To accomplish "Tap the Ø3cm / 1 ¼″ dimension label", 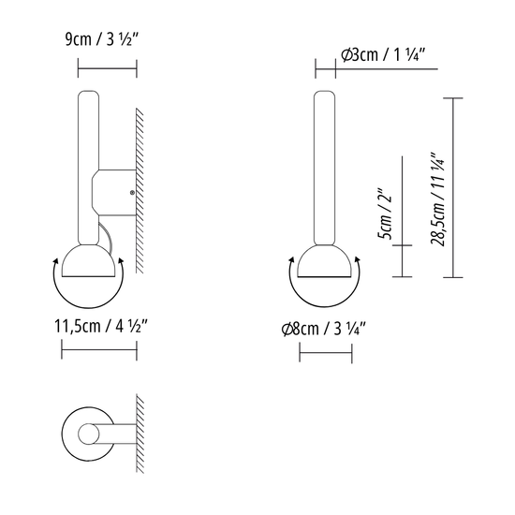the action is pos(384,54).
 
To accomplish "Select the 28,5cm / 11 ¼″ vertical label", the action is pos(438,199).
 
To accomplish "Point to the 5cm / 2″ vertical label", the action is pos(385,213).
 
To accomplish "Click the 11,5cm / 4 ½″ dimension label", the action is pos(101,326).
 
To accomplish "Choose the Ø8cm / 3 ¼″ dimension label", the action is pos(324,329).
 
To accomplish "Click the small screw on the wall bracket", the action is pos(132,193).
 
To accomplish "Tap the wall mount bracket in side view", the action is pos(114,193).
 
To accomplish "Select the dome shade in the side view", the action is pos(89,261).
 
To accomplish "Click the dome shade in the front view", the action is pos(325,261).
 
